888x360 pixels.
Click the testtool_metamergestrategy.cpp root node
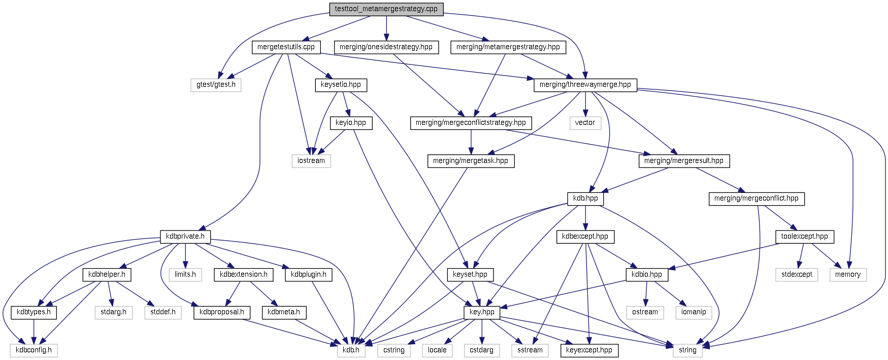point(386,9)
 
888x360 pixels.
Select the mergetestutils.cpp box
point(286,47)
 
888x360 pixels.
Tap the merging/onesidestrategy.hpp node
point(386,47)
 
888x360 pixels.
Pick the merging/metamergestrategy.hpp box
point(508,47)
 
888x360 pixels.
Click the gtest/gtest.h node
point(216,84)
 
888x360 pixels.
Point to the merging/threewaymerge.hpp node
point(585,84)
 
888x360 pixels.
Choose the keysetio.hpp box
point(341,84)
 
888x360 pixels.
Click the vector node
point(585,122)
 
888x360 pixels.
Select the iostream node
point(311,160)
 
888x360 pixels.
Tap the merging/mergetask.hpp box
point(470,160)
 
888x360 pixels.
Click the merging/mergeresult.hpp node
point(683,160)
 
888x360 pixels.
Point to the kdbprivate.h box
point(185,236)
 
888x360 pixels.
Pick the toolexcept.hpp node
point(804,236)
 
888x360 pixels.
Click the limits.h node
point(185,274)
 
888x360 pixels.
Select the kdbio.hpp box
point(646,274)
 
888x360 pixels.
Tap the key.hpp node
point(482,312)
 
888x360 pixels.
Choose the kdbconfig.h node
point(34,350)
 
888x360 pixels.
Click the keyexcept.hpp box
point(589,350)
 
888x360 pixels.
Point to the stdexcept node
point(797,274)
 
